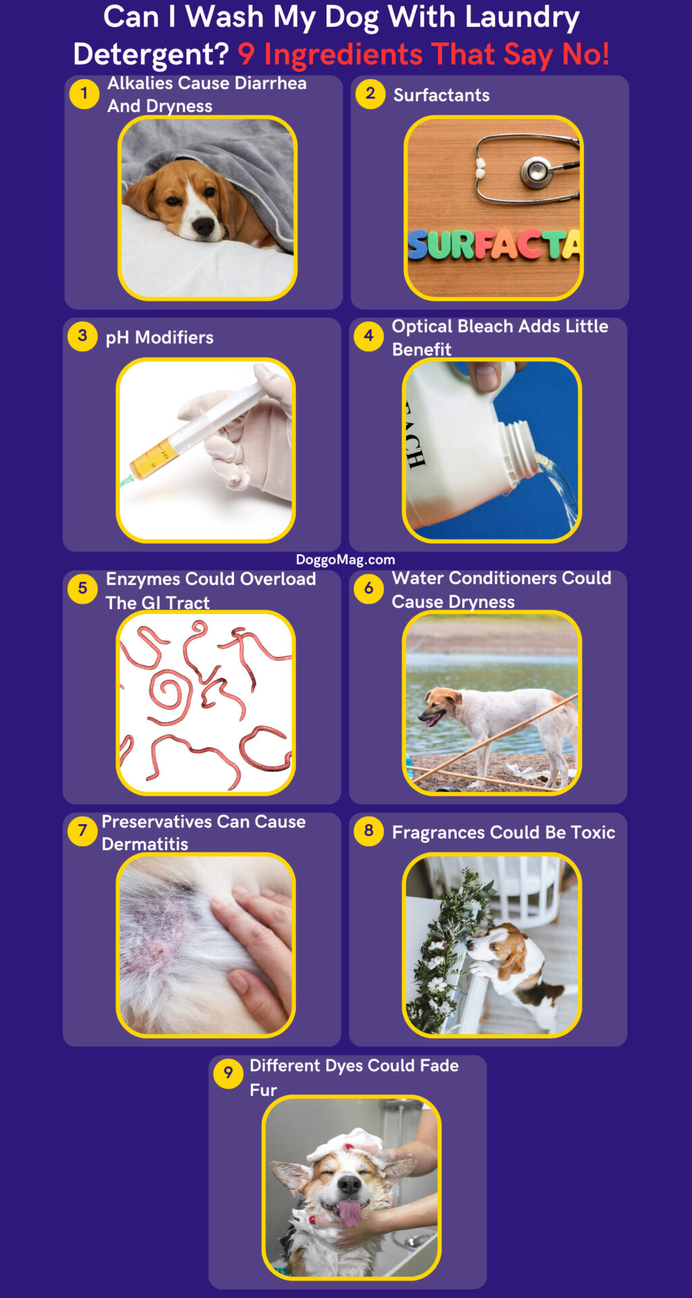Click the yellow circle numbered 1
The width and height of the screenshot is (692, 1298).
tap(84, 93)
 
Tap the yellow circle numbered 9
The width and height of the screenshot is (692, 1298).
tap(228, 1073)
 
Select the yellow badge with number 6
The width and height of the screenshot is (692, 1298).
tap(369, 588)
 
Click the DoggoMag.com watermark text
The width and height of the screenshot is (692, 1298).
tap(345, 560)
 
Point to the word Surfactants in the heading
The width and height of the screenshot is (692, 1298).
tap(441, 95)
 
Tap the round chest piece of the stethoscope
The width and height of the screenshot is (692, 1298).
tap(537, 171)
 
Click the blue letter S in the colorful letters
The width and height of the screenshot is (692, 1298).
tap(418, 245)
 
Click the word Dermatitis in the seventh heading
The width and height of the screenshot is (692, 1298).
tap(145, 844)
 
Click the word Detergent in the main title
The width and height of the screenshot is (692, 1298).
tap(151, 55)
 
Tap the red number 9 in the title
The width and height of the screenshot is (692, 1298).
tap(246, 55)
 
